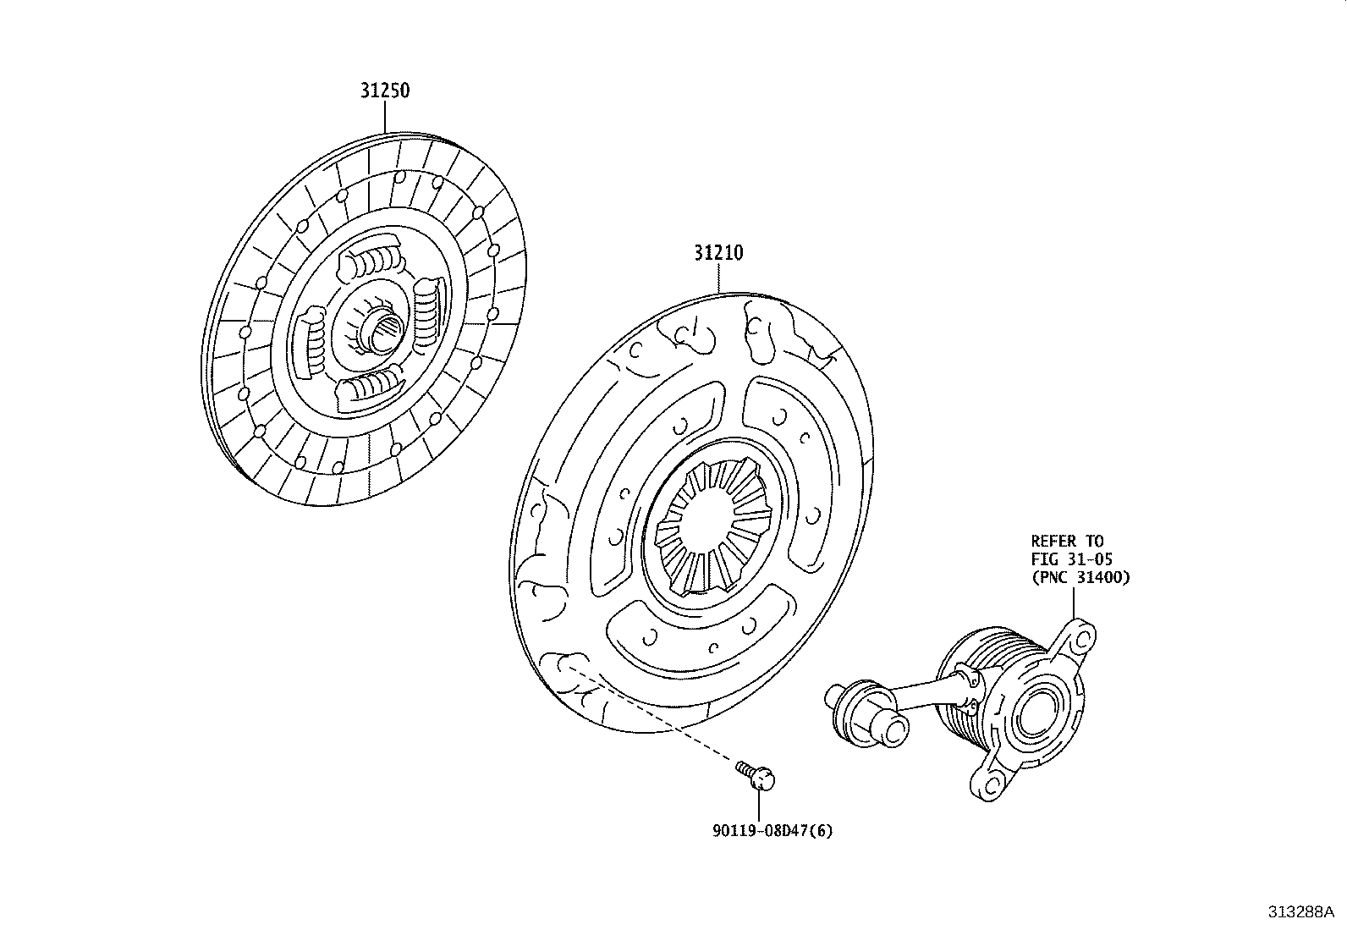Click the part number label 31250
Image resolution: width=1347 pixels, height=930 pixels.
(x=385, y=90)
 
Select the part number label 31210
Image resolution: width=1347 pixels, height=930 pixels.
(x=718, y=252)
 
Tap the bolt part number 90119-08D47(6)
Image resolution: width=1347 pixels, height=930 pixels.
(x=772, y=830)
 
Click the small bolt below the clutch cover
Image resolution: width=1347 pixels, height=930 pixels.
(x=758, y=774)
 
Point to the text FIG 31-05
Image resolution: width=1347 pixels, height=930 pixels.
(x=1071, y=559)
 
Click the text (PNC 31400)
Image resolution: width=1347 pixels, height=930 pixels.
(x=1080, y=577)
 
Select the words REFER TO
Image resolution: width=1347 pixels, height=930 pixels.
(x=1067, y=541)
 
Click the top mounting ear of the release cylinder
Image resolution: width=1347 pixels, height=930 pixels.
(x=1076, y=639)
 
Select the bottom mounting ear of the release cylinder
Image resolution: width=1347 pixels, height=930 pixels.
(x=990, y=783)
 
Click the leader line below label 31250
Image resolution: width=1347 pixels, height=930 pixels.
(x=385, y=118)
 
